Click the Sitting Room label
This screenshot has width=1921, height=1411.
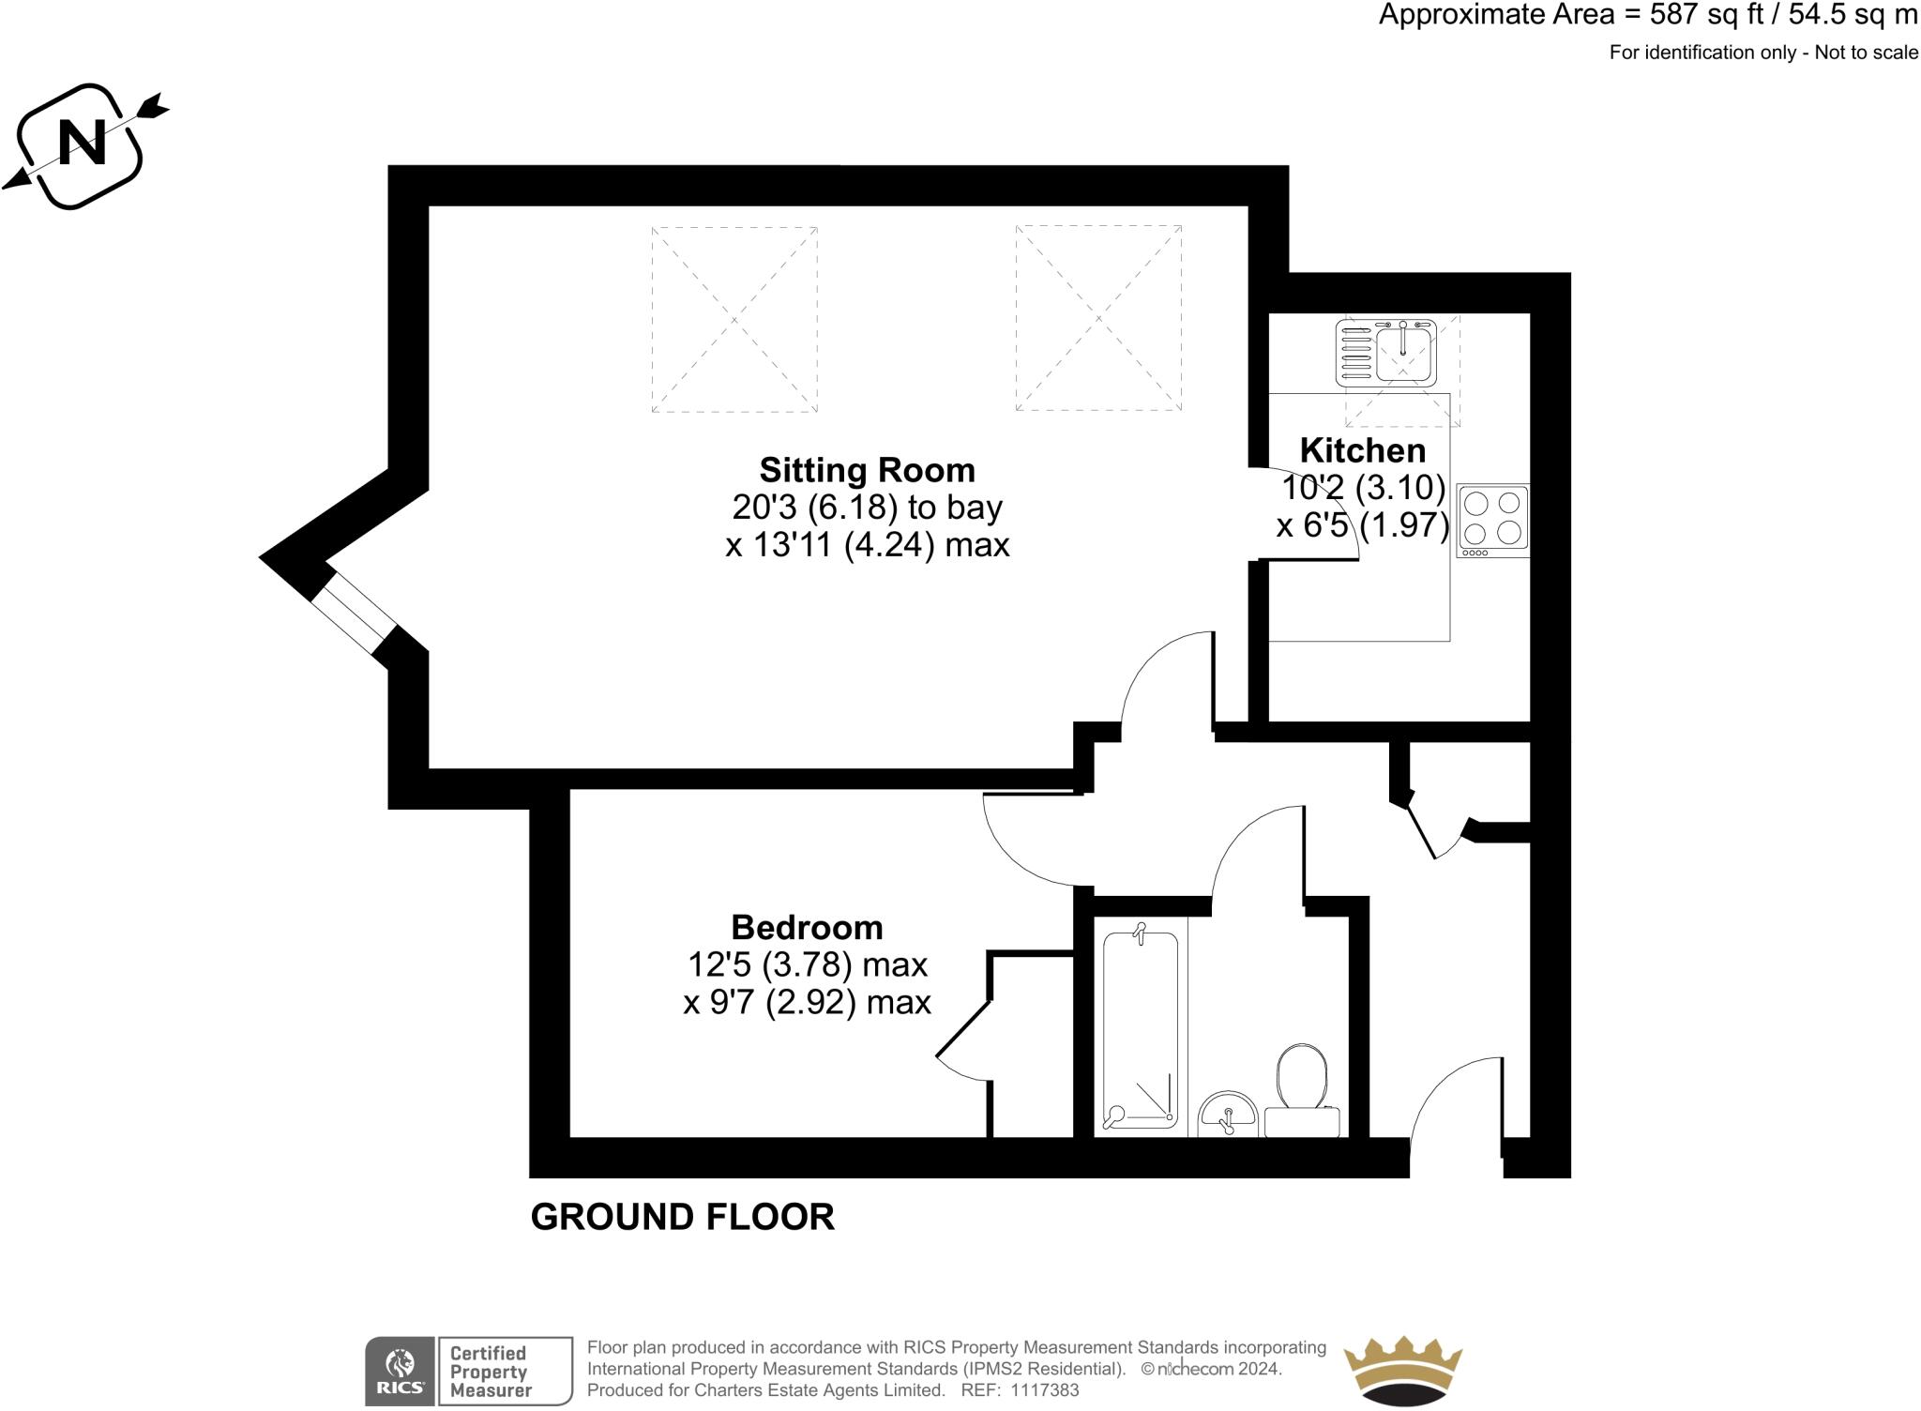point(867,469)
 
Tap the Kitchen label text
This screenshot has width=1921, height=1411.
point(1362,450)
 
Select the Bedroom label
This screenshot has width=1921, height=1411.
point(807,927)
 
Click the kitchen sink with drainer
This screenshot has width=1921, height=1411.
point(1386,352)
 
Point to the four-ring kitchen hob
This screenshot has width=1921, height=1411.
point(1492,520)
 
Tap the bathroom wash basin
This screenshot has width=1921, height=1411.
point(1228,1114)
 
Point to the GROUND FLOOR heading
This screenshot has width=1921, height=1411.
point(682,1217)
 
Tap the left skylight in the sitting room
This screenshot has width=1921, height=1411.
point(734,319)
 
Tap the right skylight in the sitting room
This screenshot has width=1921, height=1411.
point(1098,318)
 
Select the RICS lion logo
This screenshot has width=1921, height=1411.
point(401,1371)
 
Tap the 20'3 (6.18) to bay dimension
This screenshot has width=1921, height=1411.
point(867,507)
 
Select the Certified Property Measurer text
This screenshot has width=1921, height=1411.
point(491,1372)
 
